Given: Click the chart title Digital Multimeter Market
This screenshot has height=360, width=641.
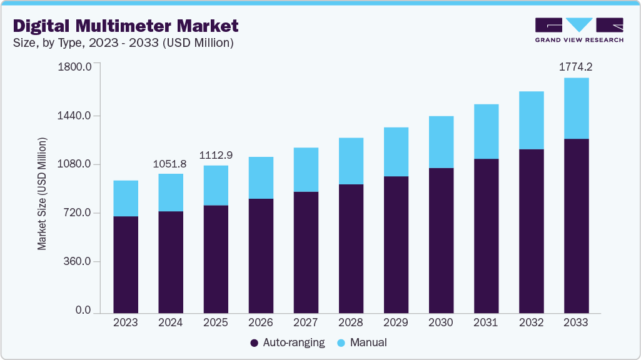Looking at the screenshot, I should pyautogui.click(x=126, y=26).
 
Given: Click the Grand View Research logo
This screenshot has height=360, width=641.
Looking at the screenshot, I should pyautogui.click(x=579, y=30).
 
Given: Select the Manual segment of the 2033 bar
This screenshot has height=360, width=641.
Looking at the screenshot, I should pyautogui.click(x=576, y=108).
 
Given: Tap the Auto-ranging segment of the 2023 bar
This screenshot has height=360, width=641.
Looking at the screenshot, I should pyautogui.click(x=126, y=264).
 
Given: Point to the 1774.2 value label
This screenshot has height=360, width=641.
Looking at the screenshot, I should pyautogui.click(x=576, y=67).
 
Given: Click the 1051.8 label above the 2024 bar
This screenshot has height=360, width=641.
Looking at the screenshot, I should pyautogui.click(x=170, y=164).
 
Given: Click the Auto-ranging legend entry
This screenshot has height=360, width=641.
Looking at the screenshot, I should pyautogui.click(x=287, y=342).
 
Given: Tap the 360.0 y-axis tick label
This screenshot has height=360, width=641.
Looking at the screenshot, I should pyautogui.click(x=78, y=261).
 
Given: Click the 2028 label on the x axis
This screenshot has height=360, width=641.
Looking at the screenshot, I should pyautogui.click(x=351, y=322).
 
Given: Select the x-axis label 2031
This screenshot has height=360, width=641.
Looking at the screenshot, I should pyautogui.click(x=486, y=322).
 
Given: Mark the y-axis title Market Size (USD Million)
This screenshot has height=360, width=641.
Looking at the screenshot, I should pyautogui.click(x=42, y=194).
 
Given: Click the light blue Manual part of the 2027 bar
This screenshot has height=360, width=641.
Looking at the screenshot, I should pyautogui.click(x=306, y=169).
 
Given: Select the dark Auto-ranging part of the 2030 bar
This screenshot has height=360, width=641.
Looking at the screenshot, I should pyautogui.click(x=441, y=240).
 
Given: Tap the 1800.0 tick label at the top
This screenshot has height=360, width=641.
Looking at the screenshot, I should pyautogui.click(x=74, y=67).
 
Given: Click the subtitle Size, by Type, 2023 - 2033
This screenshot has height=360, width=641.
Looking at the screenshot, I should pyautogui.click(x=123, y=43).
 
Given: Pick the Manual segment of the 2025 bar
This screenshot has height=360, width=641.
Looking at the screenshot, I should pyautogui.click(x=216, y=185).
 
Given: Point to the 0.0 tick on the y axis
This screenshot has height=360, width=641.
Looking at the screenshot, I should pyautogui.click(x=83, y=311).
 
